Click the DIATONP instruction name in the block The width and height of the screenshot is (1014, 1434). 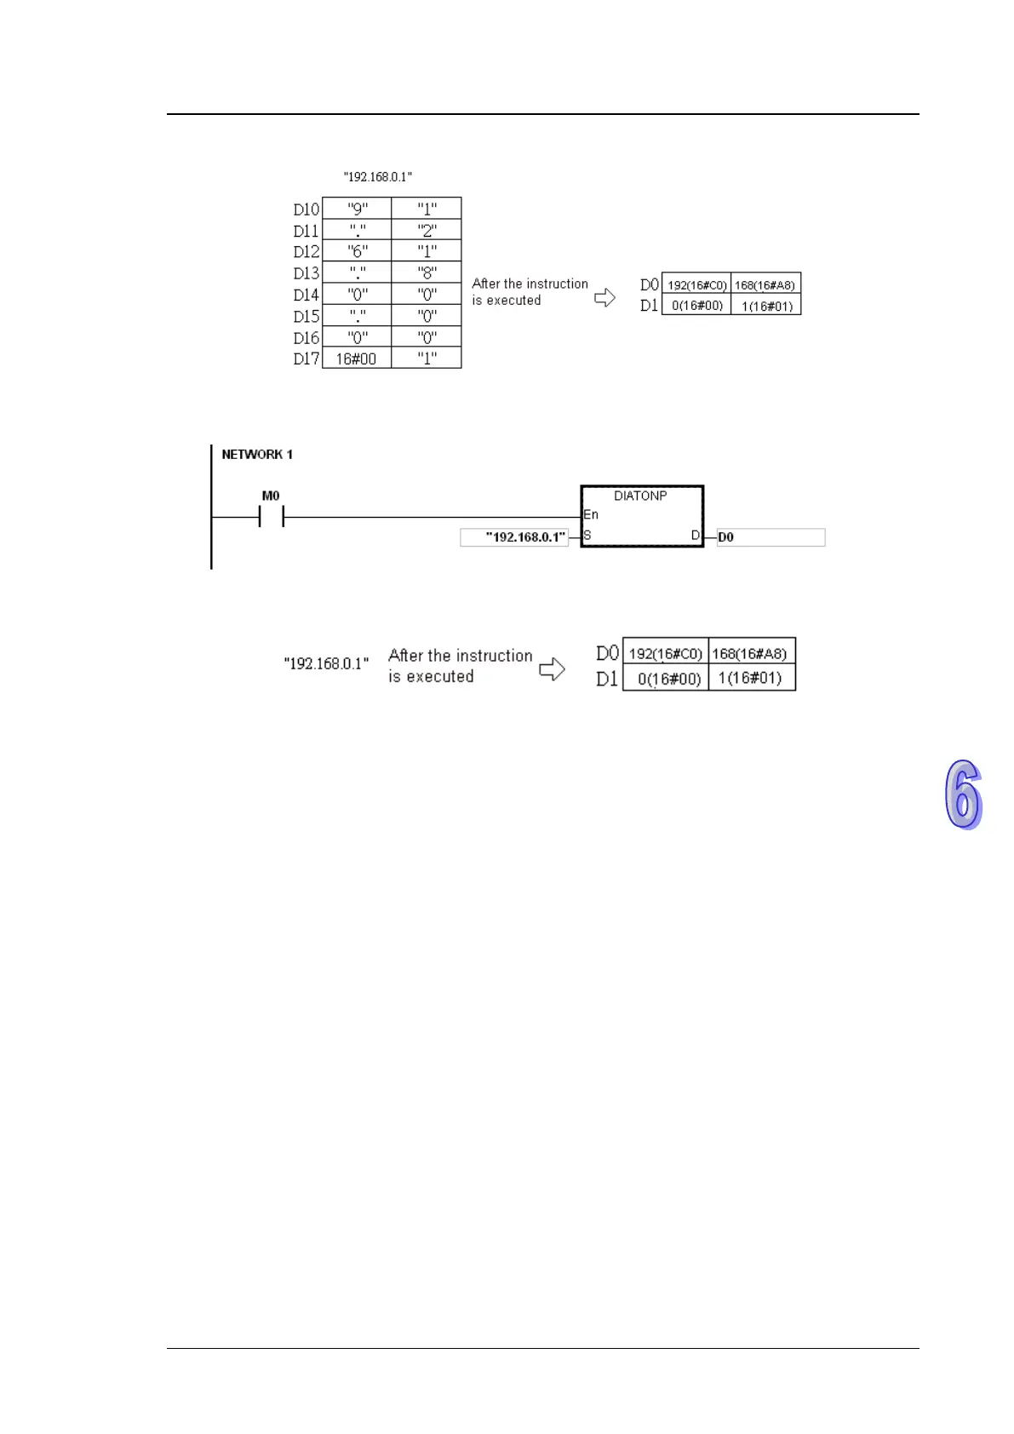640,496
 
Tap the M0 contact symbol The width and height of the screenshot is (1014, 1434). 271,516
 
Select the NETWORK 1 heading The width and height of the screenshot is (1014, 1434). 257,455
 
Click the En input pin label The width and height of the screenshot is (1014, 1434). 591,514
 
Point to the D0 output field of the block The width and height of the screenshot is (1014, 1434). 771,537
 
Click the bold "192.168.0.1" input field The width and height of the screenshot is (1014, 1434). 514,537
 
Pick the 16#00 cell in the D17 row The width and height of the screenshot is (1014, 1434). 356,358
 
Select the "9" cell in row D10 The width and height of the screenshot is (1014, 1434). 358,209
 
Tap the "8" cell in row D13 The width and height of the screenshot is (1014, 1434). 427,272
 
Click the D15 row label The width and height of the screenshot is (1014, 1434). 306,316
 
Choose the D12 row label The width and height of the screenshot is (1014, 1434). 306,252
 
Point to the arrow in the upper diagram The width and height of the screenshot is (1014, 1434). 604,297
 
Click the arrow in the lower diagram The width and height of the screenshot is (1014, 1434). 553,669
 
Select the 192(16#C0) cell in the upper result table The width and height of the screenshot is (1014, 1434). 696,285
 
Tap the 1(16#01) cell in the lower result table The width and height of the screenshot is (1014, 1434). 750,679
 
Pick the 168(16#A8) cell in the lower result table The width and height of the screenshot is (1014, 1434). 750,654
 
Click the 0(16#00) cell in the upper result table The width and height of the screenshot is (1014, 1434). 696,306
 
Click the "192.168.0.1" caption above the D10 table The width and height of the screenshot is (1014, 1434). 378,177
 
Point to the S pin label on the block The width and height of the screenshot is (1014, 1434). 587,536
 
